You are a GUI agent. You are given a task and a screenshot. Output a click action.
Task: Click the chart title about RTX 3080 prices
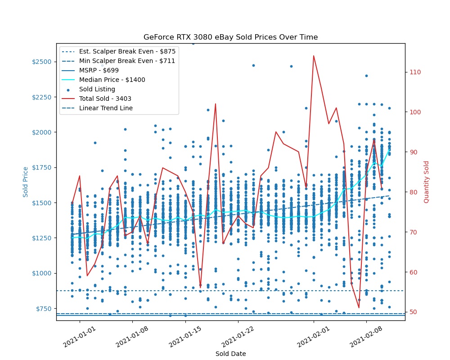(230, 37)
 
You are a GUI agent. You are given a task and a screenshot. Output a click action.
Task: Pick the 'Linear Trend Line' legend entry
(106, 108)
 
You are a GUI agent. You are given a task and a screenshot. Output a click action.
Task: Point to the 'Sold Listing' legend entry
(97, 89)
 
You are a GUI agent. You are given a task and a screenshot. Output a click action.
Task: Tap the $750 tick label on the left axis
(44, 309)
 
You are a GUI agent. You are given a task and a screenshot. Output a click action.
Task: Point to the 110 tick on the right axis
(415, 72)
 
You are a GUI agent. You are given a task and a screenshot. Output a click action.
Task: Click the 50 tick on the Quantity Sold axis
(413, 312)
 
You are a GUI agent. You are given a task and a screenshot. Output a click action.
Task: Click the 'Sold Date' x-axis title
(230, 354)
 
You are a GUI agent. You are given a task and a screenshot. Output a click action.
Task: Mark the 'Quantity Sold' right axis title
(427, 181)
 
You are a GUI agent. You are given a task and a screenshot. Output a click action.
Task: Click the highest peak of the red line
(314, 56)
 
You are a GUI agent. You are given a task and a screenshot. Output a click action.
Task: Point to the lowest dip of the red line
(359, 308)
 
